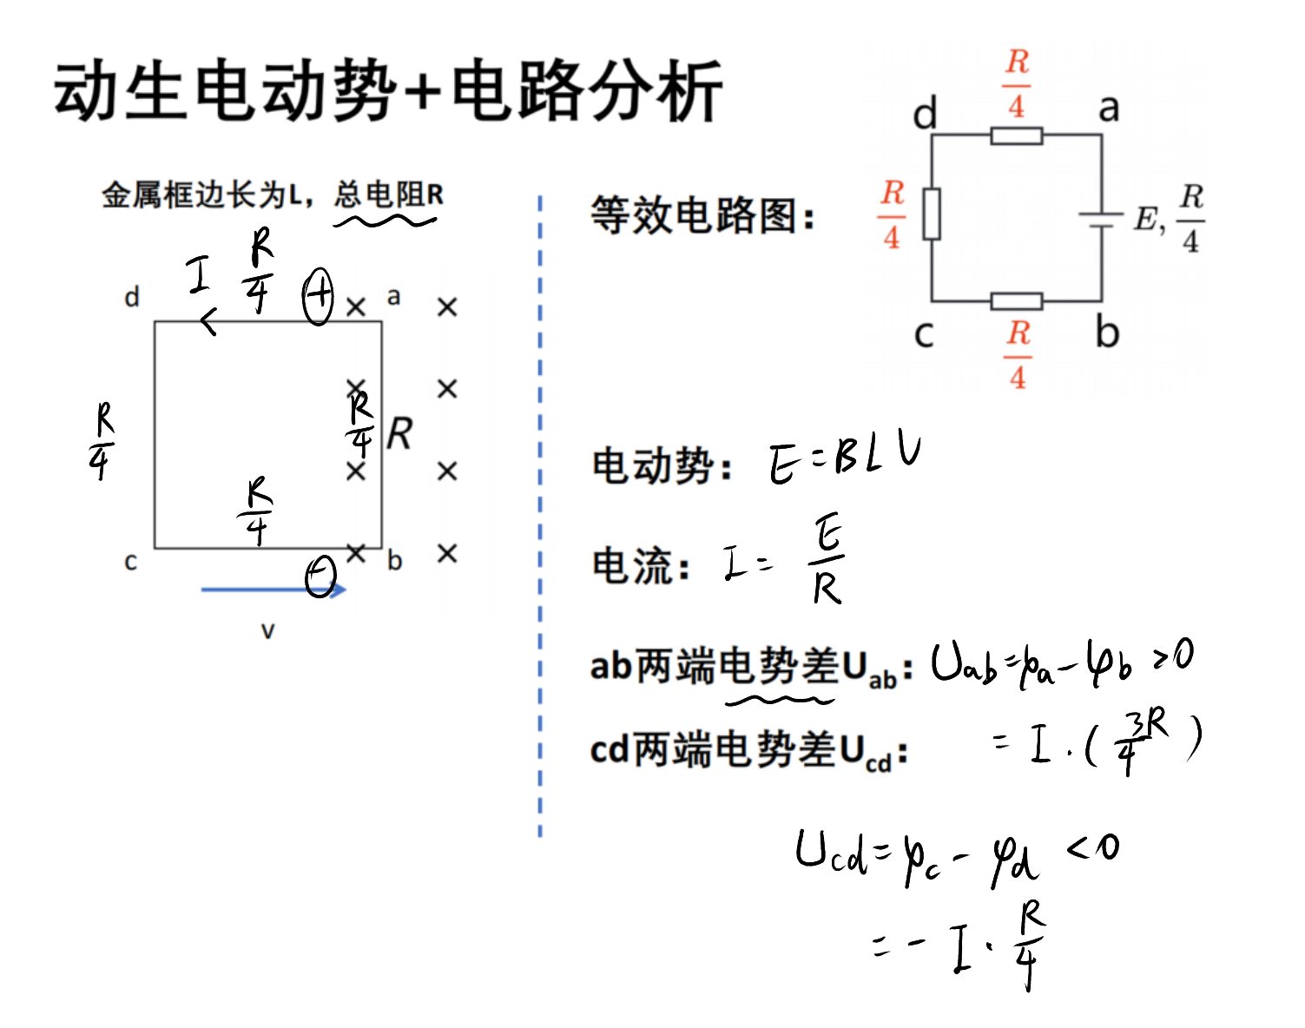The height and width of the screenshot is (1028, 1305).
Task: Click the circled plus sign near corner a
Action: pos(318,296)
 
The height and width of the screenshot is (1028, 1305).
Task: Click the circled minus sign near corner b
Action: pos(320,577)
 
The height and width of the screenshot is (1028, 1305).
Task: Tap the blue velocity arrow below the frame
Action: pos(274,589)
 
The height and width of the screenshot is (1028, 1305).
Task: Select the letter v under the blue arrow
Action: pos(267,631)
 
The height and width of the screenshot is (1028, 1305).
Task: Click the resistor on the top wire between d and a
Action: pos(1017,135)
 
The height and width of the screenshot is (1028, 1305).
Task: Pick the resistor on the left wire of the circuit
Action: pos(932,214)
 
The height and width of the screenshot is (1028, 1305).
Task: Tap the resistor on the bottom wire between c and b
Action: pos(1017,300)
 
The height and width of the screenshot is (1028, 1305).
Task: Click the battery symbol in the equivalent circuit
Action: pos(1101,220)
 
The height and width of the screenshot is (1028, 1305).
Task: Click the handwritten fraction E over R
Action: pos(826,558)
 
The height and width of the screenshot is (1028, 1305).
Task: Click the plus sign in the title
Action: pos(424,92)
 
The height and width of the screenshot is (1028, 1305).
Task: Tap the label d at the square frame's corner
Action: pos(132,297)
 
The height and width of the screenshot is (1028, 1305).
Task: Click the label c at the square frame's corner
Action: pos(130,563)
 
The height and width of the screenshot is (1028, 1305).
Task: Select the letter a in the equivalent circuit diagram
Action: pos(1109,109)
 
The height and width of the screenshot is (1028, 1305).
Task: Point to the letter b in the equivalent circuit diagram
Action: pos(1107,333)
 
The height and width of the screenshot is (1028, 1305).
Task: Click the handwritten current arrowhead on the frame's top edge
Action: pos(208,321)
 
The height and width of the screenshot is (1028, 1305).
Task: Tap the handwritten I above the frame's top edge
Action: pos(198,274)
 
